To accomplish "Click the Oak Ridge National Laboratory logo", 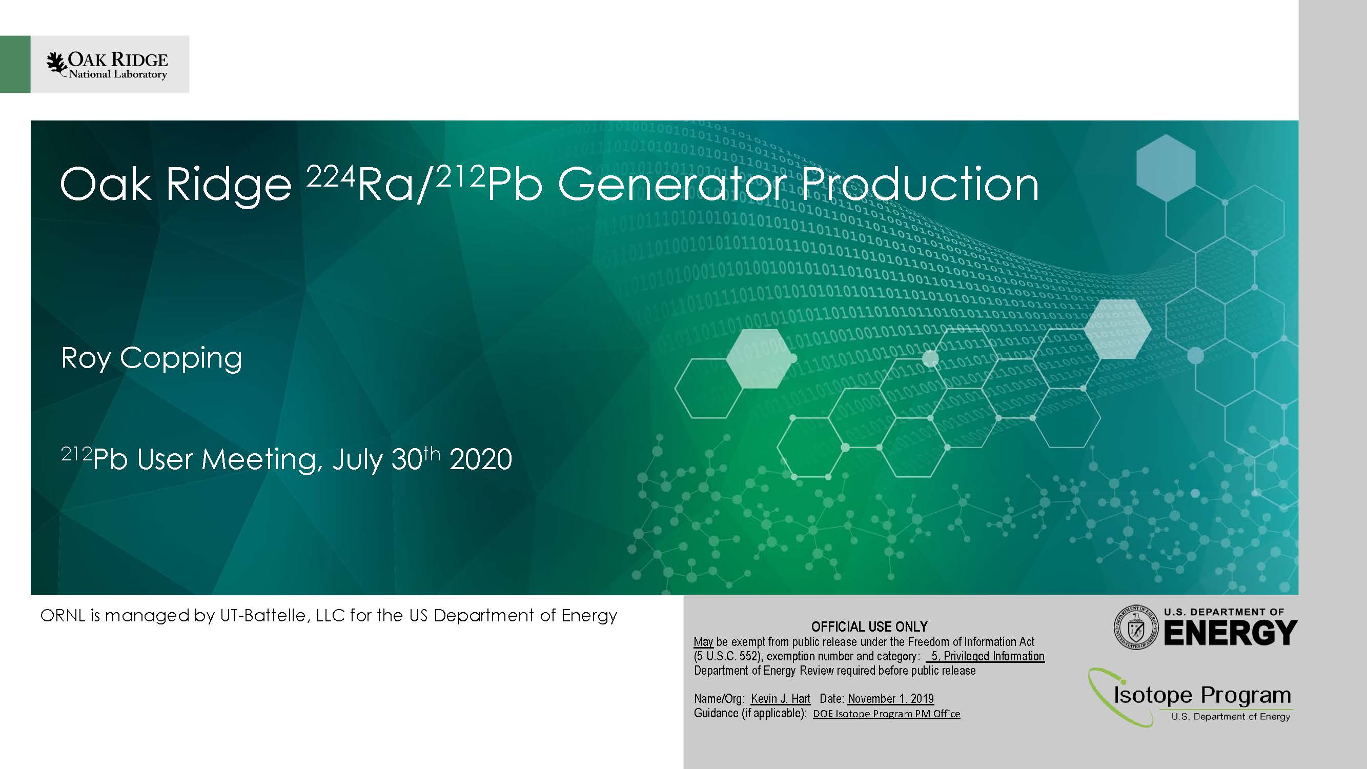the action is (107, 65).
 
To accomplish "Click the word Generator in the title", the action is (672, 185).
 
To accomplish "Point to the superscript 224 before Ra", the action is (331, 176).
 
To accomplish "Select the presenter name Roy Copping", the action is (152, 358).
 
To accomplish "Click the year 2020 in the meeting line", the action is (481, 459).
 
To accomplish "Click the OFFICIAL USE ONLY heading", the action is (869, 627).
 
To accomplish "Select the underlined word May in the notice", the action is (703, 642).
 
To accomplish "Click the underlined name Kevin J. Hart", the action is (781, 698).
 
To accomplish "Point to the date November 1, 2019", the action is (890, 698).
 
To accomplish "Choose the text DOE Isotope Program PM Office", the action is (886, 714).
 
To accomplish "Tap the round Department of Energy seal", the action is (1136, 628).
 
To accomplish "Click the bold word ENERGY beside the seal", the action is (1231, 633).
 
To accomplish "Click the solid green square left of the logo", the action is (15, 64).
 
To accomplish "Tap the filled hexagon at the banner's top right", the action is (1166, 168).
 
